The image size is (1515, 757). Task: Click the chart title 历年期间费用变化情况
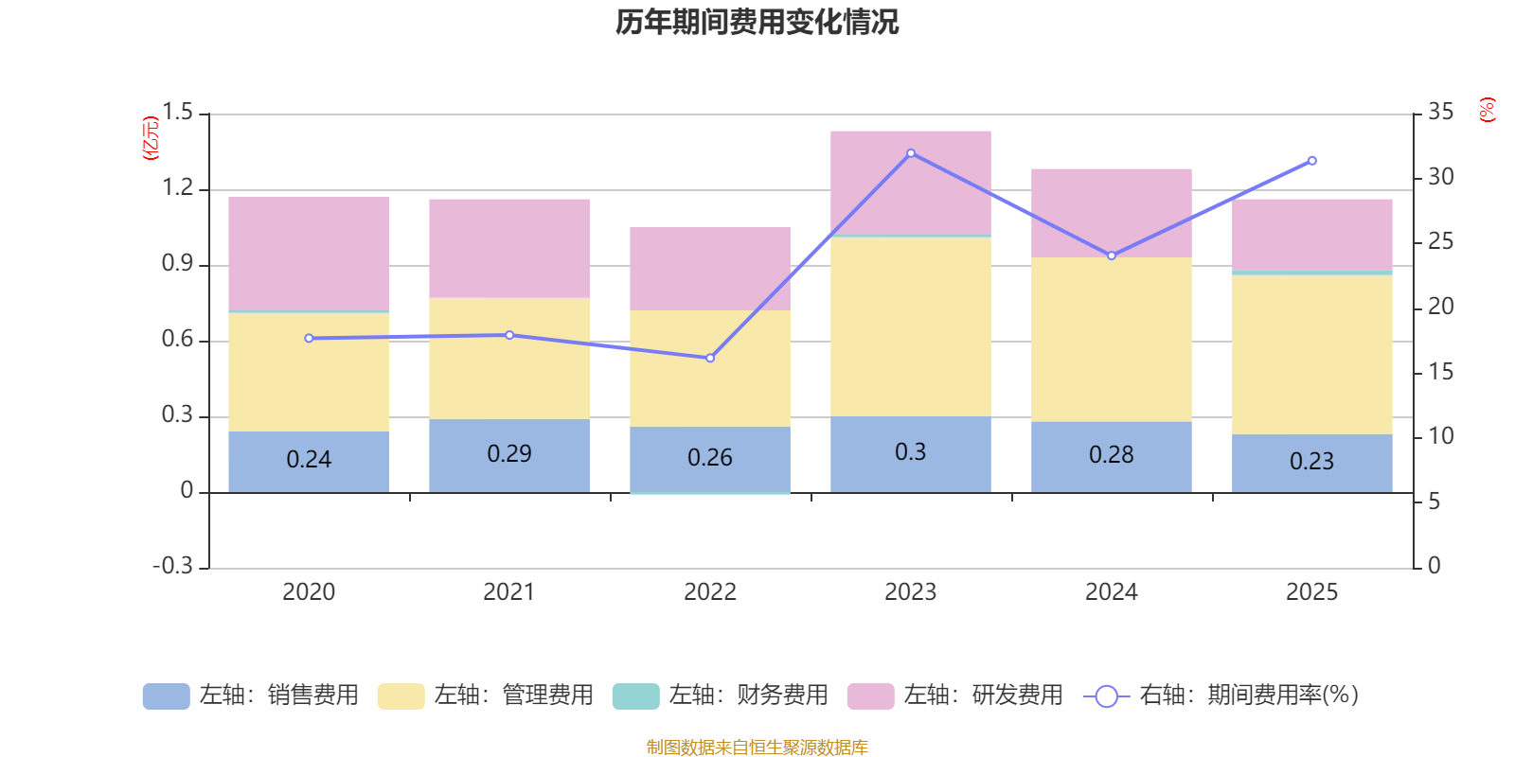(x=757, y=22)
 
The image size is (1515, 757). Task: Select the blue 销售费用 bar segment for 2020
(x=309, y=462)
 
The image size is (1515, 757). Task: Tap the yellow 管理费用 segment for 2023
(x=910, y=326)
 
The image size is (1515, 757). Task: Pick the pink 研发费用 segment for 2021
(x=508, y=248)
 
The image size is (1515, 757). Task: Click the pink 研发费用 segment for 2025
(x=1311, y=234)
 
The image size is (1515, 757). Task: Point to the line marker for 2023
(x=911, y=153)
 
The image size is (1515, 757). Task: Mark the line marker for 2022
(x=710, y=358)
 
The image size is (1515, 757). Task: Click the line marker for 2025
(x=1312, y=161)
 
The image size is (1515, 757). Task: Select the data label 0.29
(x=509, y=454)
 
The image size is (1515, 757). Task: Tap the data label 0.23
(x=1311, y=461)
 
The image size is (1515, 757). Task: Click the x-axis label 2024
(x=1111, y=591)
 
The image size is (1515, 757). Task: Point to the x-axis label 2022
(x=710, y=591)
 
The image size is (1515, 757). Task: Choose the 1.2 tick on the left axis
(x=177, y=187)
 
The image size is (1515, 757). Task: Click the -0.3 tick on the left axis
(x=172, y=566)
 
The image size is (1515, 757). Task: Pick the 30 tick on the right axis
(x=1441, y=177)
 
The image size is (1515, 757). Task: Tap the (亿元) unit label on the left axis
(x=151, y=138)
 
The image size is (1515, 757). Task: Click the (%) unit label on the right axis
(x=1488, y=110)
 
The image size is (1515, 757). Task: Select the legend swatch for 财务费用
(x=635, y=695)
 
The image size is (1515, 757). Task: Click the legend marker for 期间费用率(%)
(x=1106, y=695)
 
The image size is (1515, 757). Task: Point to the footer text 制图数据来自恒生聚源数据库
(x=757, y=748)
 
